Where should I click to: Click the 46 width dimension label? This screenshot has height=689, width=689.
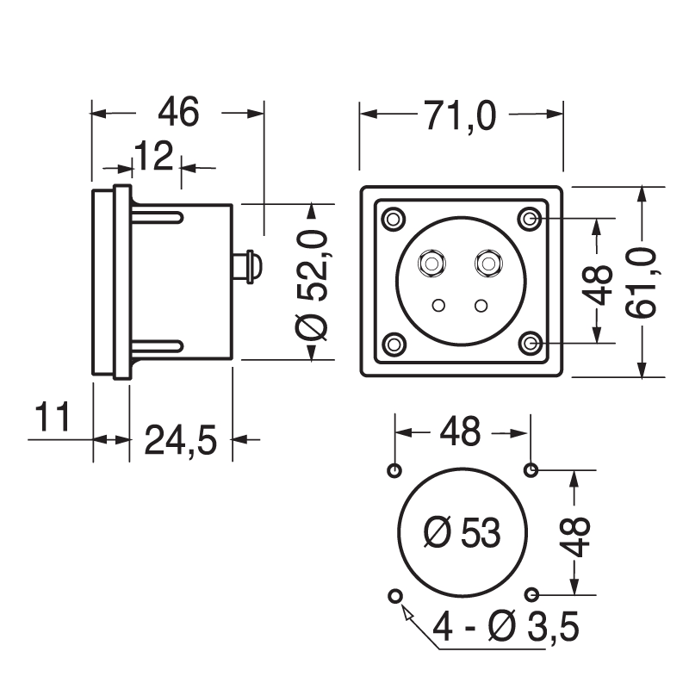179,113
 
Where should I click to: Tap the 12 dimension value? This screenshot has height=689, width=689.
153,157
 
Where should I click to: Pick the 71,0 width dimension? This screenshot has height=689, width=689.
460,115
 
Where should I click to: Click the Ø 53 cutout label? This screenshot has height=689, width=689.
462,534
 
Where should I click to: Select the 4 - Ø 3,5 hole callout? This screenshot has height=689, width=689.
506,628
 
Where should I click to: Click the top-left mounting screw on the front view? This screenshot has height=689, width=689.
394,219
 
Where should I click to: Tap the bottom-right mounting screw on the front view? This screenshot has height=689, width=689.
531,344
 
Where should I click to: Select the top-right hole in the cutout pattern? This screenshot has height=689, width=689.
531,470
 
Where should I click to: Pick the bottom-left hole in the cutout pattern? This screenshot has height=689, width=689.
395,596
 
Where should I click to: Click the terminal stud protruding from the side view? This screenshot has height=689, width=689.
246,265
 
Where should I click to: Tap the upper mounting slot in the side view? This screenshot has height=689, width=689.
156,219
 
